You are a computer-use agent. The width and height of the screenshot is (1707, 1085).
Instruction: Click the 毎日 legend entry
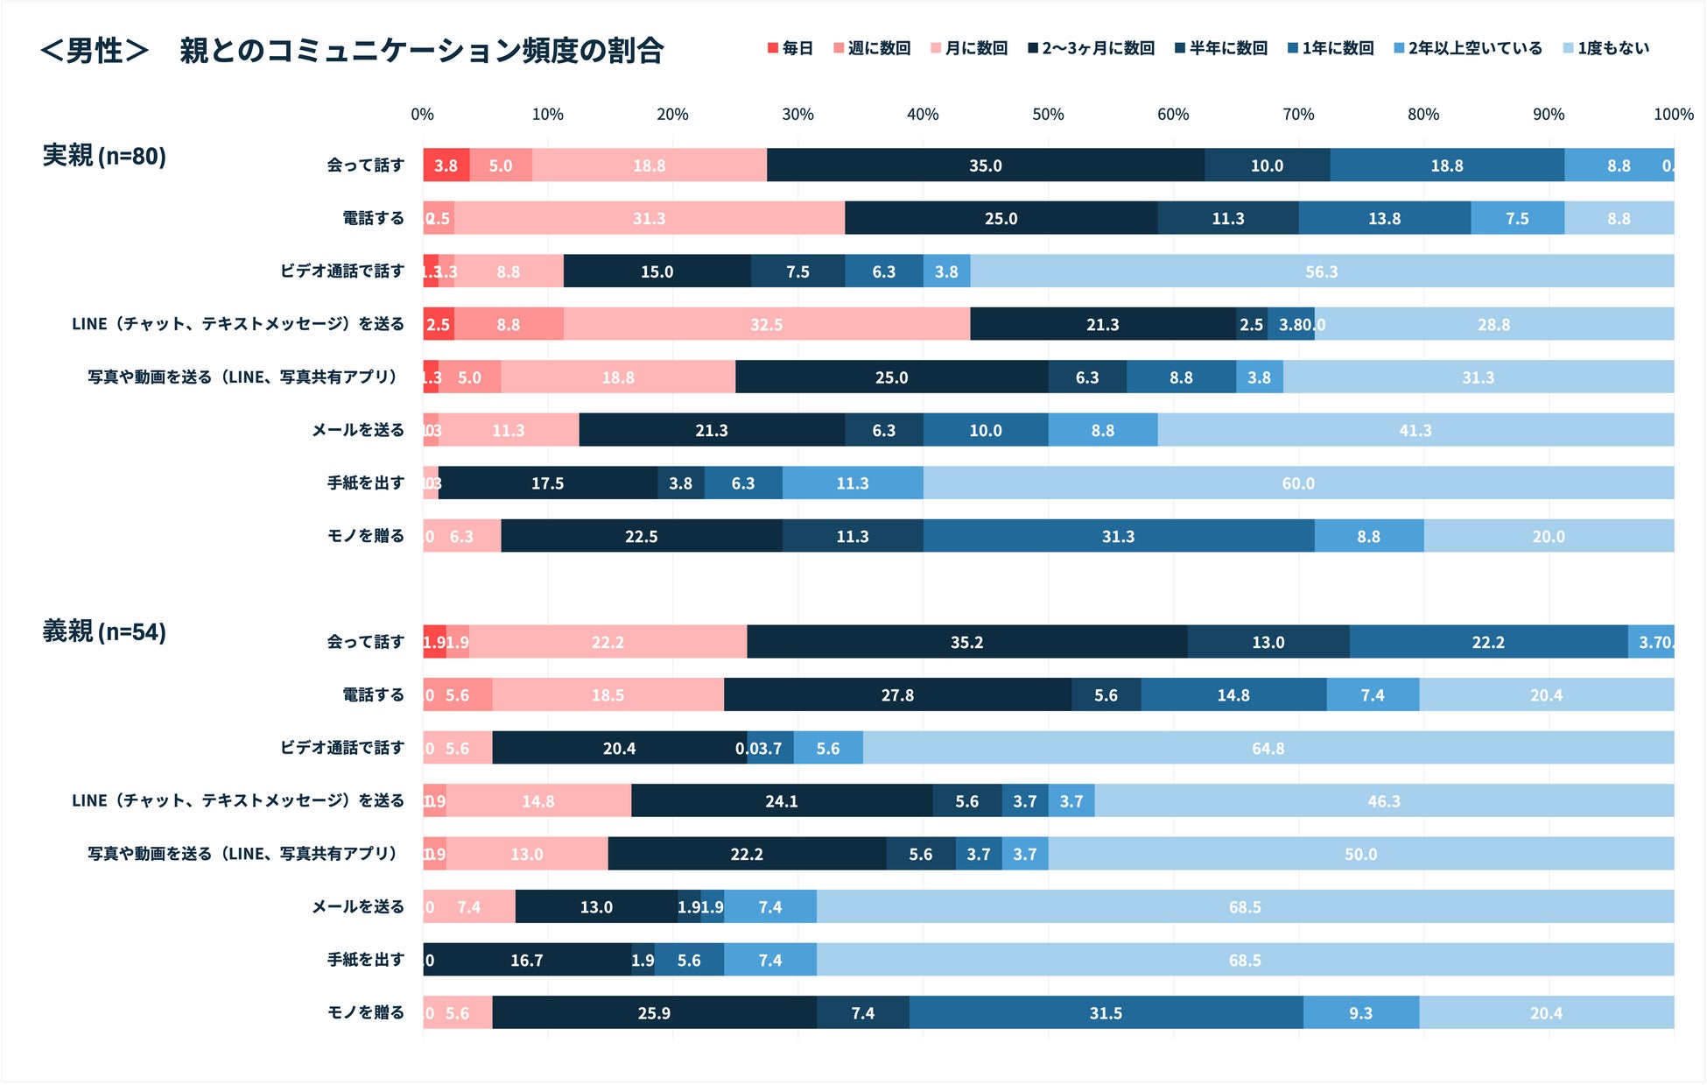click(790, 48)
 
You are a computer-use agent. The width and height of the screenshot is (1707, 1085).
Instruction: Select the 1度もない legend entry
click(1605, 48)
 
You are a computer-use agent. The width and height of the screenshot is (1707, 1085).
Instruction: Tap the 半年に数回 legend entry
click(1220, 48)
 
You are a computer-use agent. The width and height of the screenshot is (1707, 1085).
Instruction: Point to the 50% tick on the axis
click(1048, 115)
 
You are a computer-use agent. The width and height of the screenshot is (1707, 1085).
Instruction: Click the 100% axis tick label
click(1673, 115)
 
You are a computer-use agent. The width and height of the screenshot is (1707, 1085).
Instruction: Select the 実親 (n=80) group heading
click(104, 156)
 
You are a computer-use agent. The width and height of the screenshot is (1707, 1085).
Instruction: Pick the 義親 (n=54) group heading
click(104, 631)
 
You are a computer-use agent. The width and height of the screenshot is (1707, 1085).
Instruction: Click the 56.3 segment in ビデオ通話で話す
click(1321, 271)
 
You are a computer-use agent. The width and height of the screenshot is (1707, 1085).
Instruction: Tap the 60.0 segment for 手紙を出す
click(1297, 483)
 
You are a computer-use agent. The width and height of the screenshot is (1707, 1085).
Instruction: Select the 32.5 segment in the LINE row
click(766, 325)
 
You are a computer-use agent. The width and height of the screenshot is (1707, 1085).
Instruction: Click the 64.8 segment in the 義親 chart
click(1268, 749)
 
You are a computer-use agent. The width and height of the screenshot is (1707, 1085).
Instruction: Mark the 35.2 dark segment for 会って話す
click(966, 643)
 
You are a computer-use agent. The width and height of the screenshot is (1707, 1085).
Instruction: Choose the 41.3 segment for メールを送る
click(1415, 431)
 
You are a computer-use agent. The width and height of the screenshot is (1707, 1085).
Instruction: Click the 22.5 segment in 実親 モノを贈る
click(641, 537)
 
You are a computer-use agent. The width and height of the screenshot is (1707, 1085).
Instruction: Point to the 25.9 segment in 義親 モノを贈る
click(654, 1013)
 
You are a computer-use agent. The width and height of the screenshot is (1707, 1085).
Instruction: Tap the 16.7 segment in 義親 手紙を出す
click(527, 961)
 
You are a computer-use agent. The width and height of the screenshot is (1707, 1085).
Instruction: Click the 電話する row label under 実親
click(373, 218)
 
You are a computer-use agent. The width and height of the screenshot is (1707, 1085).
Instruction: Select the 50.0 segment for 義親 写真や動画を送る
click(1360, 855)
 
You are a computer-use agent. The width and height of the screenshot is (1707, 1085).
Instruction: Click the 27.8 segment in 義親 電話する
click(897, 695)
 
